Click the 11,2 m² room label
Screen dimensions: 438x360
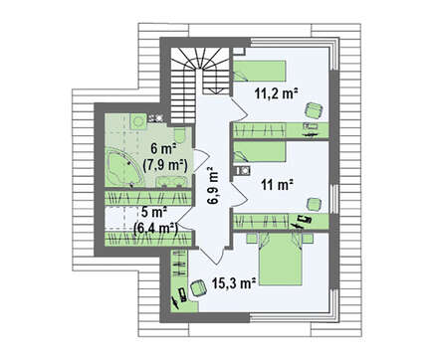(275, 93)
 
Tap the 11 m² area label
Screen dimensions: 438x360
(277, 185)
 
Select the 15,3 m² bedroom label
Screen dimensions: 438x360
(233, 283)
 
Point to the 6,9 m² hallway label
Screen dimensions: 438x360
(214, 186)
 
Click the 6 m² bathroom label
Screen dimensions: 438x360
(163, 148)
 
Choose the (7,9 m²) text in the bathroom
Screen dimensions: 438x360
(165, 165)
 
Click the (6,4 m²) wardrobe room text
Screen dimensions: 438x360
(155, 228)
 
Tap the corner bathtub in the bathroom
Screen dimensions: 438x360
(122, 168)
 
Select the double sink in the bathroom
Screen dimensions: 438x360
(171, 182)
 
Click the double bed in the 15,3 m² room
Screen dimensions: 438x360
(280, 259)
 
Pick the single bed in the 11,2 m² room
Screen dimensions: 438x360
(259, 71)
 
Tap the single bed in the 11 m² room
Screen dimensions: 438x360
(259, 152)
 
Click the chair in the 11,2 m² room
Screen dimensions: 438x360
(314, 109)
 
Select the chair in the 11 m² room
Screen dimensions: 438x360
(314, 204)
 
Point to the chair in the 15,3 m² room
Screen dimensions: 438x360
(198, 287)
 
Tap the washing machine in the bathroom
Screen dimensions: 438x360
(137, 121)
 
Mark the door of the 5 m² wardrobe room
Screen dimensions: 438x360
(184, 218)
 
